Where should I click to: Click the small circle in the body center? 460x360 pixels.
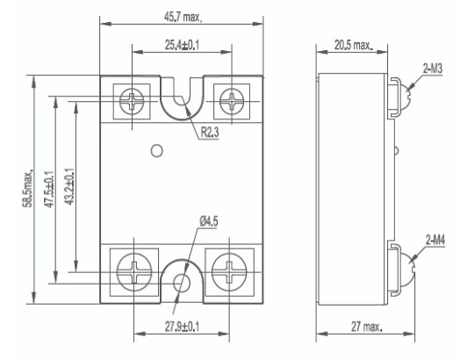click(156, 150)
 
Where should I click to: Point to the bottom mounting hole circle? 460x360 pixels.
click(183, 283)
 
